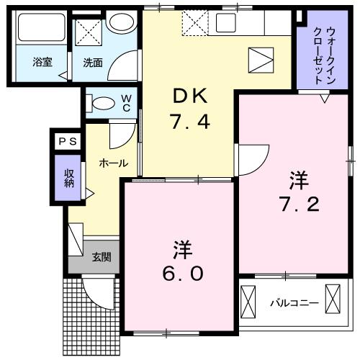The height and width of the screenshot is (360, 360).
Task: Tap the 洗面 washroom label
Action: click(x=92, y=63)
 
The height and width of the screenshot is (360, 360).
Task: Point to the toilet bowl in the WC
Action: click(x=103, y=102)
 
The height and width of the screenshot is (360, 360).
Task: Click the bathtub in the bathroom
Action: click(x=40, y=30)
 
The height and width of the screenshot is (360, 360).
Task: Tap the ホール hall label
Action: click(x=113, y=163)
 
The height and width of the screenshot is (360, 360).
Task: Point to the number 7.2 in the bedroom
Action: click(x=293, y=204)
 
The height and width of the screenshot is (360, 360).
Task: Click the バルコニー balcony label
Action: click(x=293, y=303)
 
